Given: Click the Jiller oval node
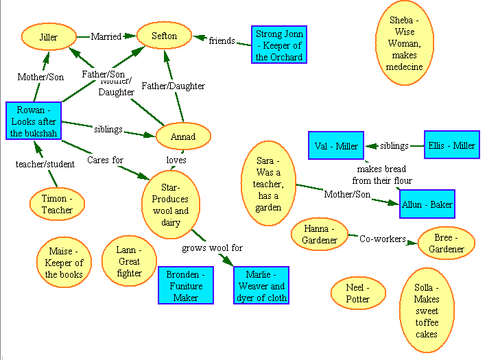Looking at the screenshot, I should [48, 37].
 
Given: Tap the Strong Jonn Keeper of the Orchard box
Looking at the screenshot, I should [278, 45].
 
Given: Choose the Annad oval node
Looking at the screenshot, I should [182, 136].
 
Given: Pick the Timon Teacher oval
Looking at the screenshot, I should [58, 204].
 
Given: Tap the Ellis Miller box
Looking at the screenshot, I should [451, 145].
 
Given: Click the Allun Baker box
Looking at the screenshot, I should [427, 205].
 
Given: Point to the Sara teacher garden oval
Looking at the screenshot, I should [269, 183].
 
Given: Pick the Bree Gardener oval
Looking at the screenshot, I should [447, 243].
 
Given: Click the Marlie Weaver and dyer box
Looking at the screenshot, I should [261, 286].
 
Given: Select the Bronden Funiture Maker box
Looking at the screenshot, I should [186, 286].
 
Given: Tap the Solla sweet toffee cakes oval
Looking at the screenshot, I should [426, 311].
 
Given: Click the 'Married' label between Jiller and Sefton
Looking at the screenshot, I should [106, 36].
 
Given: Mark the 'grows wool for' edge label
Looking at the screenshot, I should [212, 248].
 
